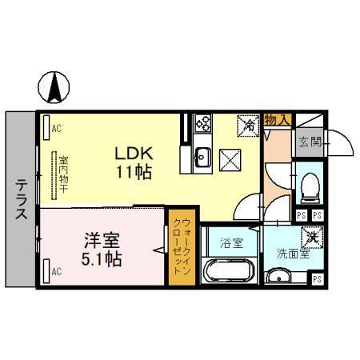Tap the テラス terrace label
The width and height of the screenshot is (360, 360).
tap(21, 200)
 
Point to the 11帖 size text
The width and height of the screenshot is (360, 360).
tap(131, 170)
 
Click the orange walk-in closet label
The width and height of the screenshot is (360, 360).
tap(177, 246)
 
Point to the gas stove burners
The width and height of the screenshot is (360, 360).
tap(202, 123)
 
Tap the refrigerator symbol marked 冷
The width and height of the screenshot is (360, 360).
tap(248, 125)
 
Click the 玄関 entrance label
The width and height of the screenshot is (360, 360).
tap(310, 142)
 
